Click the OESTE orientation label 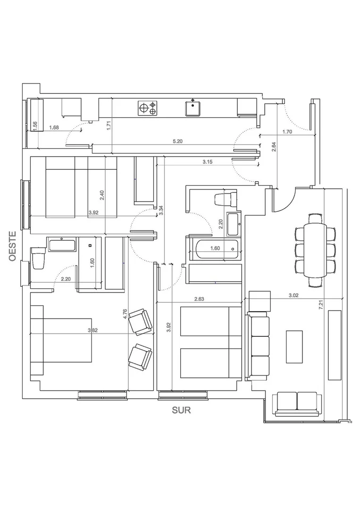pos(13,246)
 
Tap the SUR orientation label pos(182,410)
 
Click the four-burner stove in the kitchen pos(148,108)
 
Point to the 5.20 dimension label pos(177,141)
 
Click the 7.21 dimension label pos(321,307)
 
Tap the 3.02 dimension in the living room pos(294,295)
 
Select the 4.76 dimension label pos(126,314)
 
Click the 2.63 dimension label pos(199,299)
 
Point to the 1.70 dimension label pos(287,132)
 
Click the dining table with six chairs pos(315,250)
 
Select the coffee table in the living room pos(294,347)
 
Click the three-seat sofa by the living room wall pos(258,346)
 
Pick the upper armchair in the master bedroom pos(141,322)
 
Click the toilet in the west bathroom pos(38,259)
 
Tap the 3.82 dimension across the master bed pos(93,331)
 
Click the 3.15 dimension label pos(208,162)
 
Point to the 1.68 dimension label pos(54,127)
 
